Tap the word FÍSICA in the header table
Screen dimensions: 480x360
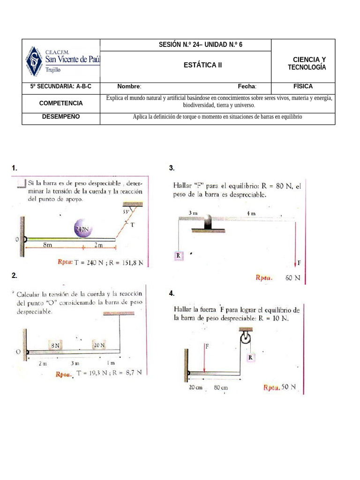pyautogui.click(x=303, y=87)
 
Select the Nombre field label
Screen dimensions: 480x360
pyautogui.click(x=129, y=87)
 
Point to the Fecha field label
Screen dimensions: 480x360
pyautogui.click(x=247, y=87)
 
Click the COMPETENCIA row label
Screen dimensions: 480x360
pyautogui.click(x=61, y=103)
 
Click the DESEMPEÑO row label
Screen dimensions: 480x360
pyautogui.click(x=61, y=117)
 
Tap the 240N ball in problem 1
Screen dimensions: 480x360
pyautogui.click(x=83, y=229)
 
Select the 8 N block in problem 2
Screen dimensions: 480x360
pyautogui.click(x=56, y=345)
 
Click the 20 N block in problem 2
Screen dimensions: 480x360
pyautogui.click(x=99, y=345)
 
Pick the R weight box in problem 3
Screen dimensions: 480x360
pyautogui.click(x=179, y=255)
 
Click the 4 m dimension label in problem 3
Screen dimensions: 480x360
pyautogui.click(x=251, y=213)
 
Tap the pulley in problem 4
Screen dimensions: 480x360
pyautogui.click(x=245, y=339)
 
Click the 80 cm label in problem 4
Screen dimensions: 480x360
pyautogui.click(x=221, y=388)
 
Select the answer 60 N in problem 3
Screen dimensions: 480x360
pyautogui.click(x=292, y=278)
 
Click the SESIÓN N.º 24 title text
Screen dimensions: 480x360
pyautogui.click(x=201, y=45)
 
